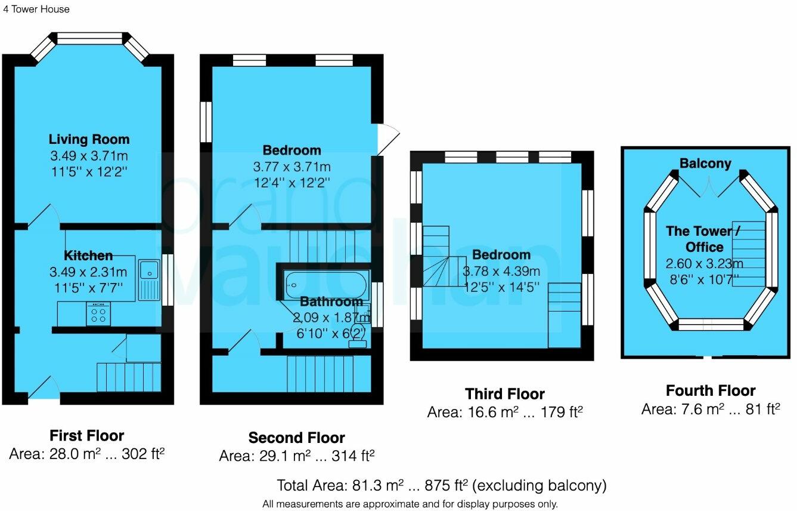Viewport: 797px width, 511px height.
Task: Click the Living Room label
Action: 89,140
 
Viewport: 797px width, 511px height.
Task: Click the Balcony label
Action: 705,164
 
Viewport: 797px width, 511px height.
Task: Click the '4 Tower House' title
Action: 36,9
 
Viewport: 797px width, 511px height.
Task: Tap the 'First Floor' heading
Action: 87,435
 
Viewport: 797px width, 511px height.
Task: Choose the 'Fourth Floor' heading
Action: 711,391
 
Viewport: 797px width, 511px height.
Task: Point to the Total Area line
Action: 441,484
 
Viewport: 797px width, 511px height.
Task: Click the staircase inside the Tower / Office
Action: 748,254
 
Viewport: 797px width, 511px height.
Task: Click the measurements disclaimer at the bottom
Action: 410,504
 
